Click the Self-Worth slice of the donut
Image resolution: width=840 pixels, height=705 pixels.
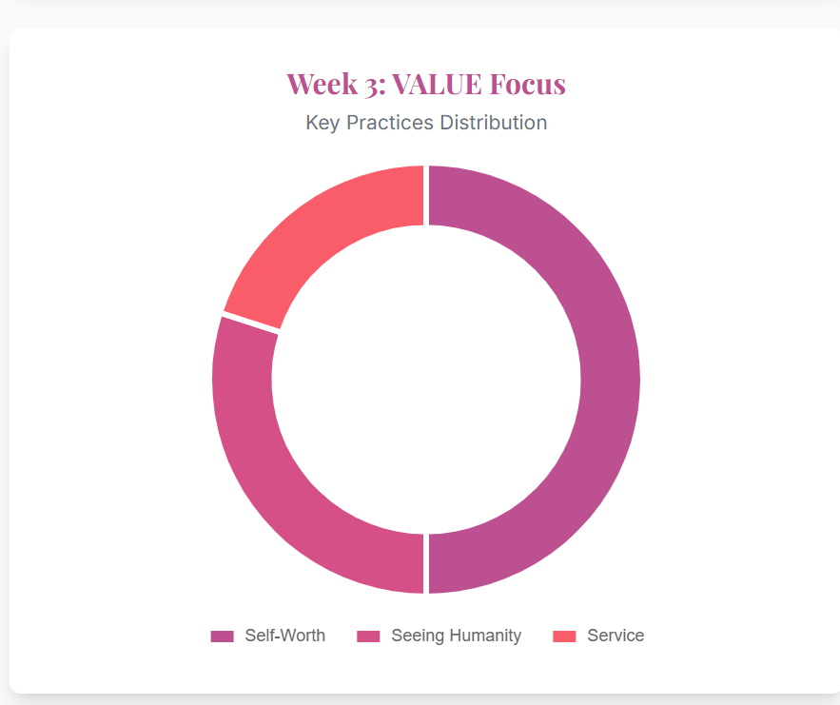[610, 381]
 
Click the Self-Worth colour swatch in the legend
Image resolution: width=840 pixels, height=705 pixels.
[222, 636]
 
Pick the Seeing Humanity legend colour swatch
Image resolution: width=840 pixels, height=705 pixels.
[368, 636]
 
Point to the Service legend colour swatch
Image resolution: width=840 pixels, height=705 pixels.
[564, 636]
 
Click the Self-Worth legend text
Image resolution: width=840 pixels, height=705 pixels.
[284, 636]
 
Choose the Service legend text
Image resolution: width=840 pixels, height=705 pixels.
[615, 636]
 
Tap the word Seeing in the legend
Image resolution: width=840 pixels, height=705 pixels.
[415, 636]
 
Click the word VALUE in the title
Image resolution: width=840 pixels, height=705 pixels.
[436, 84]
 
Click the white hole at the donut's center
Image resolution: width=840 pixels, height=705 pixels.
[426, 380]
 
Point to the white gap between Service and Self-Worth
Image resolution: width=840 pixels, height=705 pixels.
[426, 195]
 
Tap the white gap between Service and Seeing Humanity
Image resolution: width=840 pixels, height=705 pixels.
[251, 322]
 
